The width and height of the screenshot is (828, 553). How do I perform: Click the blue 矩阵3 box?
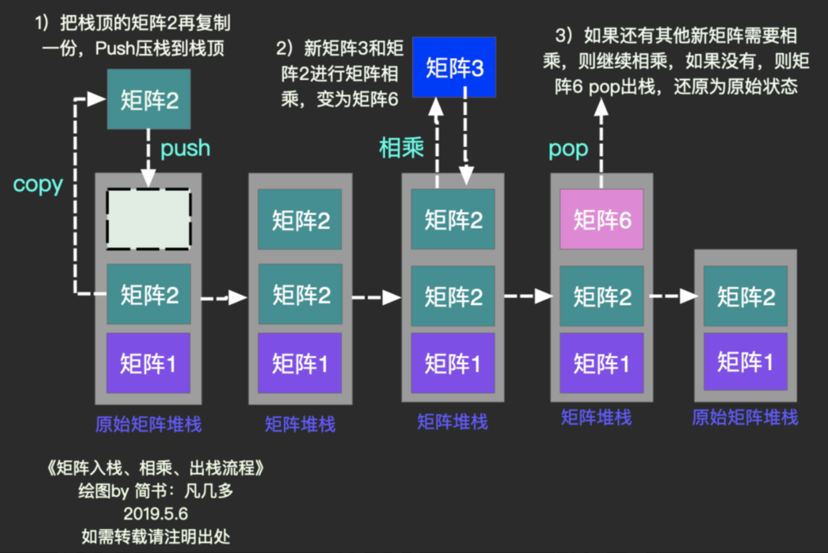tap(454, 67)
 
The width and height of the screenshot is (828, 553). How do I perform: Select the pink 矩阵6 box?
tap(602, 220)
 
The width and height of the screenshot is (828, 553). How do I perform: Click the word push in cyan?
tap(185, 148)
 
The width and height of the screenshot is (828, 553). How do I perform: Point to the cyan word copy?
tap(37, 184)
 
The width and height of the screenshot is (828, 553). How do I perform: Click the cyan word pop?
tap(568, 149)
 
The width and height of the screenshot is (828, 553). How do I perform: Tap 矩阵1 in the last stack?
tap(746, 362)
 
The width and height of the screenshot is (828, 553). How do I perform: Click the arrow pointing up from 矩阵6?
tap(602, 147)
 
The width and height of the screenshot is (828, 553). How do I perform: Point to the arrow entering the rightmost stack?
tap(673, 295)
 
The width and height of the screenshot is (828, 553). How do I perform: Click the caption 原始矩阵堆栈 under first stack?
tap(148, 423)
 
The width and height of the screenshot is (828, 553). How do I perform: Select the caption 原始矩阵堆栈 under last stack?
tap(745, 418)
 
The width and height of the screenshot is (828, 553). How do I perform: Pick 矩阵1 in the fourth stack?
tap(602, 363)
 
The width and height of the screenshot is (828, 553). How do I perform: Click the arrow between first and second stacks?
tap(224, 297)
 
